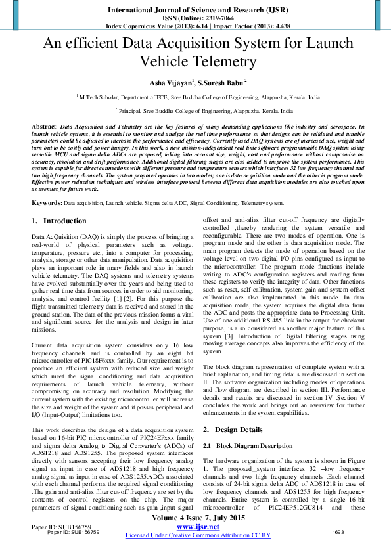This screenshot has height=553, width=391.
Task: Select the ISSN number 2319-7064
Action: pos(218,19)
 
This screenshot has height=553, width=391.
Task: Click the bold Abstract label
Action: pos(43,125)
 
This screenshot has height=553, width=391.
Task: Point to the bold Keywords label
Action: pos(47,204)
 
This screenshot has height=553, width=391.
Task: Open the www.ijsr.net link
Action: pos(198,526)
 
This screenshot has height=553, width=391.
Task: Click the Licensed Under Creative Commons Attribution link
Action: pos(197,535)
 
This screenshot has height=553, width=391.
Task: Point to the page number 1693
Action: pos(338,532)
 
